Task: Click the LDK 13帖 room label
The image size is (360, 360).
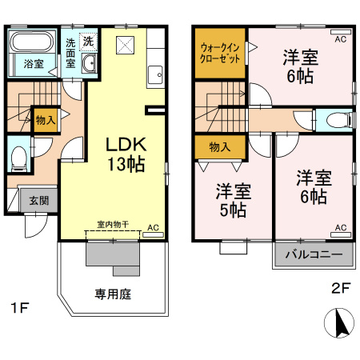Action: (x=126, y=154)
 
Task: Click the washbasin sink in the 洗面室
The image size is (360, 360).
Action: (x=88, y=64)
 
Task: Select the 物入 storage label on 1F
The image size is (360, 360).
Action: (x=45, y=120)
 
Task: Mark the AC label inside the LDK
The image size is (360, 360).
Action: (x=153, y=228)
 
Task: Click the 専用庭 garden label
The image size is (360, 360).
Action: (x=114, y=294)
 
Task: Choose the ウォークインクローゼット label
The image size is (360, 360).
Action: (x=221, y=53)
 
